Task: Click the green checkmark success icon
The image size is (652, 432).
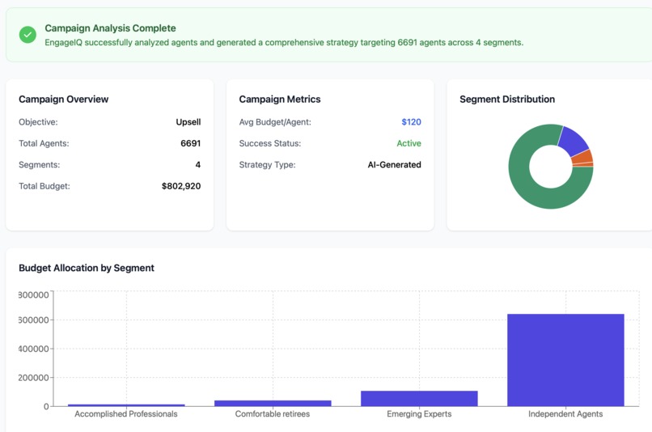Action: click(x=28, y=34)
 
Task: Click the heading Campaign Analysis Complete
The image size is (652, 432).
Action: click(x=110, y=28)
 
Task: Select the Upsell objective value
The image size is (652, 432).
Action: click(x=188, y=122)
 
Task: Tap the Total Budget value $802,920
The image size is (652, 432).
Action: click(x=181, y=186)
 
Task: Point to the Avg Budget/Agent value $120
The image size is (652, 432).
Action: click(x=411, y=122)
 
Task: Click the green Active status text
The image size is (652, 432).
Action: click(x=409, y=143)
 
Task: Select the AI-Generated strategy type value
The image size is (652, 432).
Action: click(x=394, y=165)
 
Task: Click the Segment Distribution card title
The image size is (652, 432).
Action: click(x=507, y=100)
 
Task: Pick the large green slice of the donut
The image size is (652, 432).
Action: click(x=534, y=191)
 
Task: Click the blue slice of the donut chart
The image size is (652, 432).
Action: click(x=574, y=140)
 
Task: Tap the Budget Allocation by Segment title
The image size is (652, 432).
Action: click(x=87, y=268)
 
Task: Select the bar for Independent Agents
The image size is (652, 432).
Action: click(x=565, y=360)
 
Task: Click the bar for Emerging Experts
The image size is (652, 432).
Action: click(x=419, y=398)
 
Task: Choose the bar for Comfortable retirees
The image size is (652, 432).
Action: click(x=273, y=402)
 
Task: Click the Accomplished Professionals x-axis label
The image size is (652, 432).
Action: click(x=126, y=414)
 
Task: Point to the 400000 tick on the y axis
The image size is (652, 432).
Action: click(x=33, y=349)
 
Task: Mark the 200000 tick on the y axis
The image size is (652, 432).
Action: click(x=33, y=378)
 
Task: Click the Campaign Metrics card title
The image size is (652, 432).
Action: click(x=280, y=100)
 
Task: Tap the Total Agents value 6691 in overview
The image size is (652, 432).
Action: click(x=190, y=143)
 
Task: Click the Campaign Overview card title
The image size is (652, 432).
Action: click(x=63, y=100)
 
